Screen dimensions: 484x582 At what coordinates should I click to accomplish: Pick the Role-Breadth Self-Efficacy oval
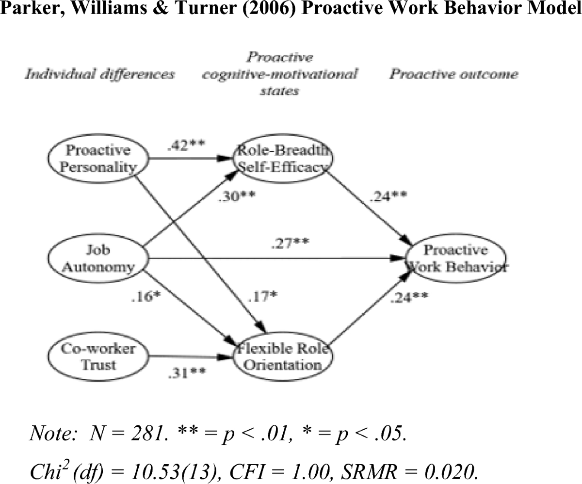282,158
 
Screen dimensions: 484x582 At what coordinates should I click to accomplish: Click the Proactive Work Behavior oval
456,258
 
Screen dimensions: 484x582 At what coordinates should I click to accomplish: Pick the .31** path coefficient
187,373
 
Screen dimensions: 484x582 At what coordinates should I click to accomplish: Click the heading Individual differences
99,74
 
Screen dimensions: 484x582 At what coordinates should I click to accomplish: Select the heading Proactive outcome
454,74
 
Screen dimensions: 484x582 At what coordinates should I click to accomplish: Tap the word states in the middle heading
279,91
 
